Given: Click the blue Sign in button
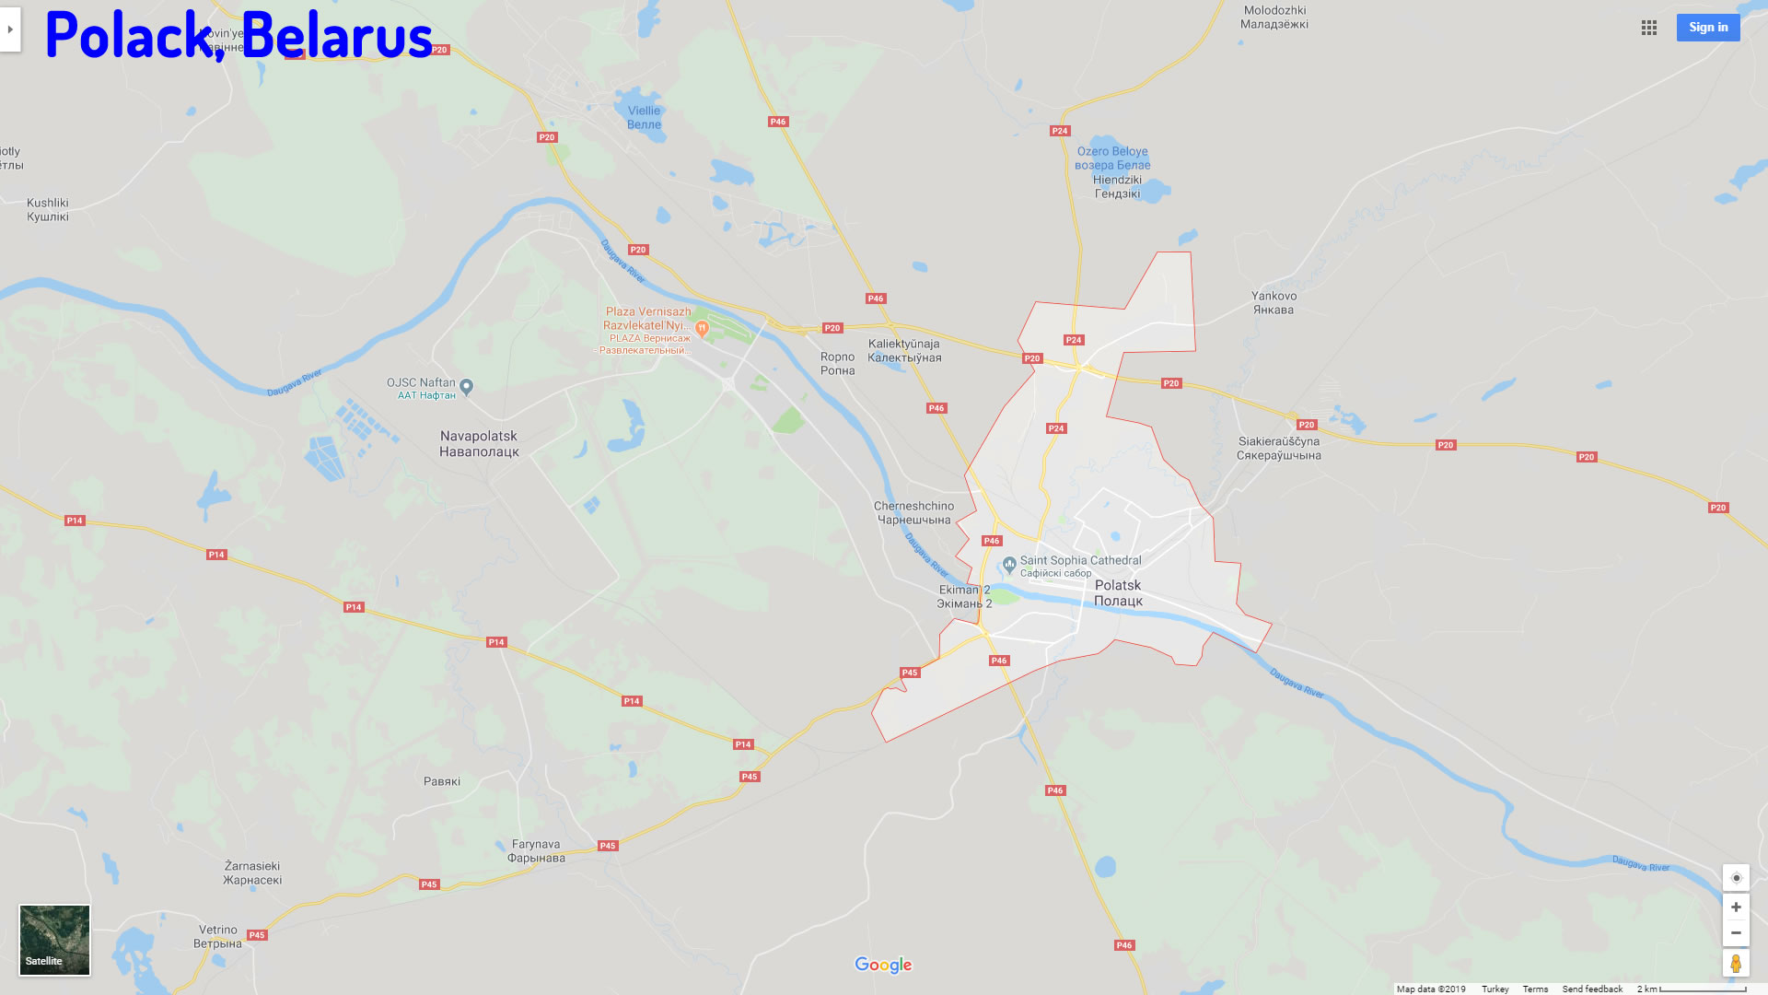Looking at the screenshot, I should point(1708,28).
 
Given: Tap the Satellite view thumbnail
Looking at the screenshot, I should point(55,940).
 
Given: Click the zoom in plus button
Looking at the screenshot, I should point(1736,907).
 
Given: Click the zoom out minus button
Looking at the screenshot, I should point(1736,933).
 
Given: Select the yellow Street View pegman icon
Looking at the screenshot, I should point(1736,964).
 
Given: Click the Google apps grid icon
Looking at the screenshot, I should point(1649,28).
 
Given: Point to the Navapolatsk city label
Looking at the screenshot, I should point(479,444).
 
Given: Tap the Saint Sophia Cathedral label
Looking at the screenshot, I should point(1080,560).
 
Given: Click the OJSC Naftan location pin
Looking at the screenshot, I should point(467,387).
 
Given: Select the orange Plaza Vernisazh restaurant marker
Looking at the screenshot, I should point(702,328).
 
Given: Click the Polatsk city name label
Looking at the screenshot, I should point(1118,593).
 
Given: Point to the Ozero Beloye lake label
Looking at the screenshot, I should point(1112,158).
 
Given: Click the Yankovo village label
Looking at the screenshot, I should point(1274,303).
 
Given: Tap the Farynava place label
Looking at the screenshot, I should point(536,851).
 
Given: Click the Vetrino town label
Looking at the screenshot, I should point(218,937).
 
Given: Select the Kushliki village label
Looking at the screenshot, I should point(48,210).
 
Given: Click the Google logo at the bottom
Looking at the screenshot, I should point(883,965).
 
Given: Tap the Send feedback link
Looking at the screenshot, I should point(1592,989).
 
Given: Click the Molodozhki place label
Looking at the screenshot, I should point(1274,18).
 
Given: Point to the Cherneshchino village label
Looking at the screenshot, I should point(913,513).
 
